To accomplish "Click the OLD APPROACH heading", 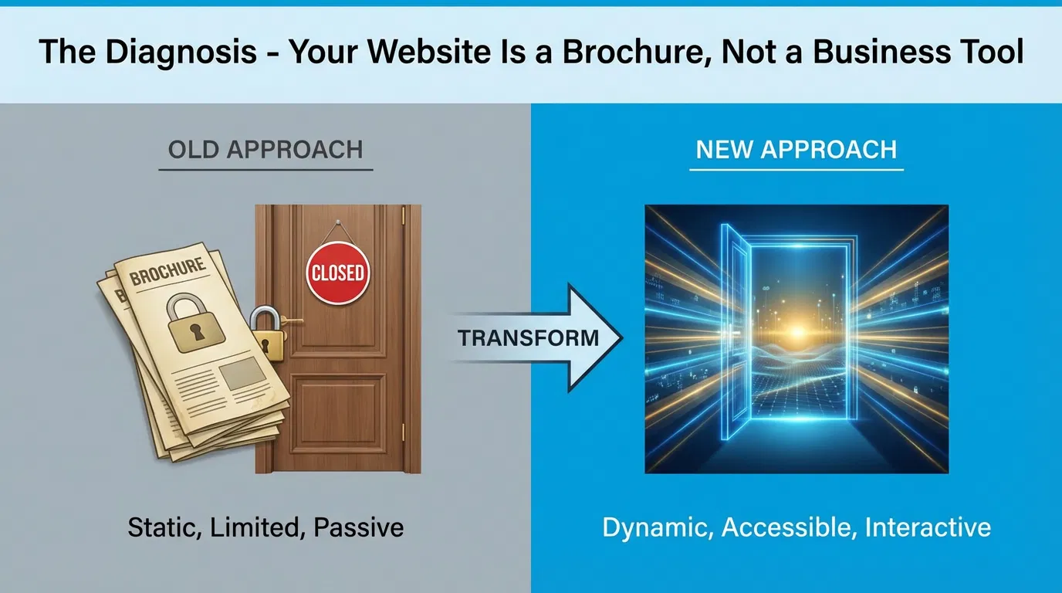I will click(x=265, y=149).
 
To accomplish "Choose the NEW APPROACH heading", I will click(x=796, y=149).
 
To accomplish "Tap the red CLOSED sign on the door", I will click(x=337, y=273).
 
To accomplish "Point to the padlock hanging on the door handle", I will click(x=264, y=331).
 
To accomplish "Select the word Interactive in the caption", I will click(x=928, y=527).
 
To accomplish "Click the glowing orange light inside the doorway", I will click(x=796, y=331).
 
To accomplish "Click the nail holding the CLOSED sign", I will click(x=337, y=225).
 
